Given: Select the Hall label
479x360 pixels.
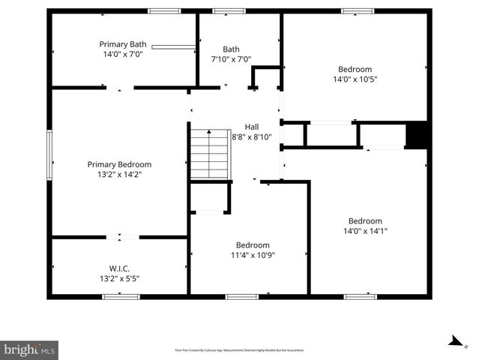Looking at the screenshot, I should pyautogui.click(x=252, y=127).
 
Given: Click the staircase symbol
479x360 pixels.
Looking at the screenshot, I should pyautogui.click(x=208, y=154).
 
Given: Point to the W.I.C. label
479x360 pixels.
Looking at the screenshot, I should pyautogui.click(x=119, y=268).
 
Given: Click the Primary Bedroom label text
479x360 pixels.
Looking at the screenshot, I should pyautogui.click(x=119, y=164).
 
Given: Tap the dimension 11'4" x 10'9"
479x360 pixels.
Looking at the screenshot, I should pyautogui.click(x=253, y=255).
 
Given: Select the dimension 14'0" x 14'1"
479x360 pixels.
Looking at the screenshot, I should pyautogui.click(x=365, y=231).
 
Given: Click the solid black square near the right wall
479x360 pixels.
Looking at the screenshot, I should pyautogui.click(x=416, y=134).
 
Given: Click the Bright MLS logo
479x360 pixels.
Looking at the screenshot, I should pyautogui.click(x=29, y=349).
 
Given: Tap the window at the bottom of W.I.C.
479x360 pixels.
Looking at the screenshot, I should pyautogui.click(x=121, y=296).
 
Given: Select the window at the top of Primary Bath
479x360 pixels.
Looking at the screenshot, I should pyautogui.click(x=163, y=10).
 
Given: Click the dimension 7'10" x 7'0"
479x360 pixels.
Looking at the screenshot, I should pyautogui.click(x=231, y=59).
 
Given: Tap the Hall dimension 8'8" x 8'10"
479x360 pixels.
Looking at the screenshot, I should pyautogui.click(x=252, y=136).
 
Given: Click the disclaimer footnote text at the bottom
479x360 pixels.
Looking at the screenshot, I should pyautogui.click(x=239, y=350).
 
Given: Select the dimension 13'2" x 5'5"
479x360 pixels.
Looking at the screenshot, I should pyautogui.click(x=119, y=278).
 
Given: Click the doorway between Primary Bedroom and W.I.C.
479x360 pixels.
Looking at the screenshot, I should pyautogui.click(x=120, y=238).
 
